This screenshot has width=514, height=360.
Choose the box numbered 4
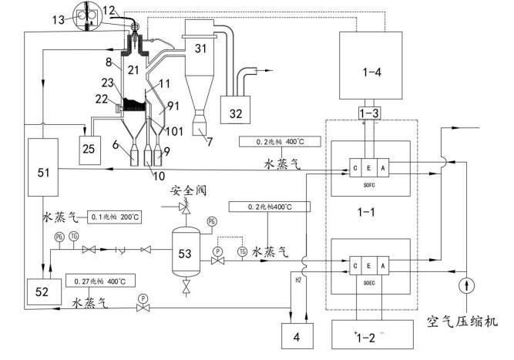pyautogui.click(x=295, y=337)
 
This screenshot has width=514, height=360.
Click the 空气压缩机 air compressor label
pyautogui.click(x=463, y=319)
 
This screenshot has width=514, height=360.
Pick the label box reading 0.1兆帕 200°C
pyautogui.click(x=113, y=217)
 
